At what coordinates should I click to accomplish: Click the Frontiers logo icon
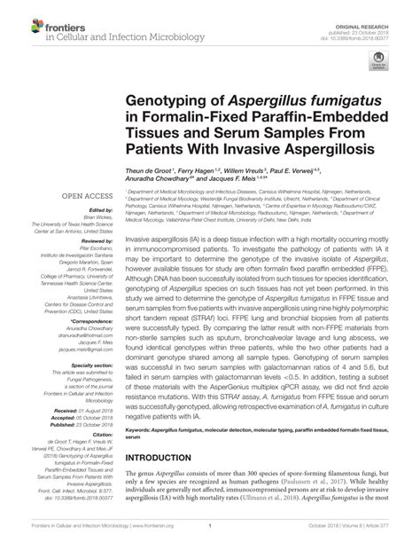pos(18,23)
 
